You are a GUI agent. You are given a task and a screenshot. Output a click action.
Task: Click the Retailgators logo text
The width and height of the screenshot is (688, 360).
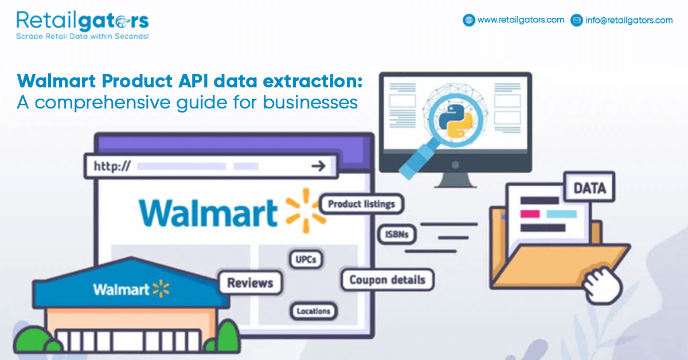coord(83,21)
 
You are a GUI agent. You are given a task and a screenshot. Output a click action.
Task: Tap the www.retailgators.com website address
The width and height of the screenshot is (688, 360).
coord(521,20)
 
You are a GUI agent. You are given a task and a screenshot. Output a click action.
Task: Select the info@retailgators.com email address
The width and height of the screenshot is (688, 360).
coord(629,20)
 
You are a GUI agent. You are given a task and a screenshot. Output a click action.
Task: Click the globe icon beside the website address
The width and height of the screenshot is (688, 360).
coord(469,20)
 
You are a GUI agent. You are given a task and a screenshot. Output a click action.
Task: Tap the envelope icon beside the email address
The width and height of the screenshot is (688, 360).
coord(577,20)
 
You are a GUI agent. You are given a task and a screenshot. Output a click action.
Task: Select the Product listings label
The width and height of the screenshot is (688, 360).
coord(361,204)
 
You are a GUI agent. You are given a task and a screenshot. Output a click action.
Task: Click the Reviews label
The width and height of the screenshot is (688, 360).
coord(250,283)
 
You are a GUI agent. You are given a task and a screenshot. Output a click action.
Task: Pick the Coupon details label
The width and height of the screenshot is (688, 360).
coord(387,280)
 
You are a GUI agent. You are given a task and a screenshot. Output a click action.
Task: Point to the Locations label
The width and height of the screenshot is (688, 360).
coord(314,311)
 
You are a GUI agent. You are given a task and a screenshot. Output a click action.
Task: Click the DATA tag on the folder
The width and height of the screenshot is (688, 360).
coord(589,188)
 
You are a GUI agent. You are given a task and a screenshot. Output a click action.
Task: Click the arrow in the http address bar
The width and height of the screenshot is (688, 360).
coord(318,167)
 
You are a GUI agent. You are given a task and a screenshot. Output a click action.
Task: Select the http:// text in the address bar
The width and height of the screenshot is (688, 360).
coord(112,167)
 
